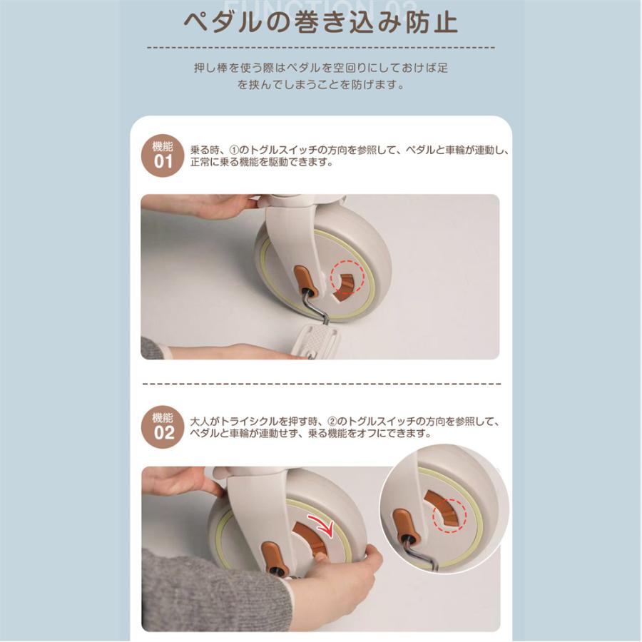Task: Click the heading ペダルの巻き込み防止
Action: tap(320, 22)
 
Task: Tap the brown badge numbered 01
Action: tap(164, 155)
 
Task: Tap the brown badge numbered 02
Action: tap(164, 426)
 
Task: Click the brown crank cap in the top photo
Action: tap(303, 278)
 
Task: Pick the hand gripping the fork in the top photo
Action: tap(214, 207)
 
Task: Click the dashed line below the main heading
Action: tap(320, 47)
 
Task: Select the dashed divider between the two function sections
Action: tap(320, 383)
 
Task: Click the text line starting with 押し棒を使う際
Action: tap(320, 68)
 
